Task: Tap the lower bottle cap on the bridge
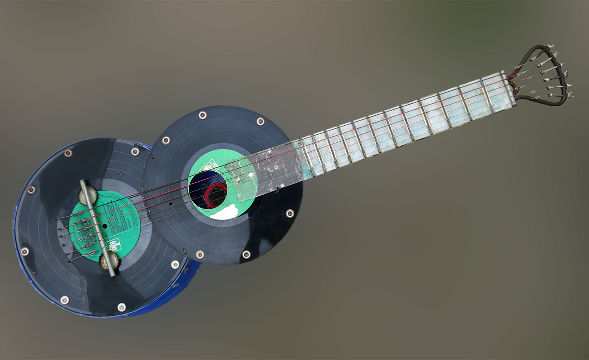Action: click(109, 260)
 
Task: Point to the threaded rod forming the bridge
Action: click(98, 228)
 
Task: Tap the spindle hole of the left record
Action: click(106, 226)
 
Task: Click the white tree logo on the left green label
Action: click(114, 246)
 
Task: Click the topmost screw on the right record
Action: click(203, 115)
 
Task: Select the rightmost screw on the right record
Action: click(290, 213)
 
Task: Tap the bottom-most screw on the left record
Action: click(121, 307)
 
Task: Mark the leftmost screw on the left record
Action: click(25, 251)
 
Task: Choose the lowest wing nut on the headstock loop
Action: click(568, 95)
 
